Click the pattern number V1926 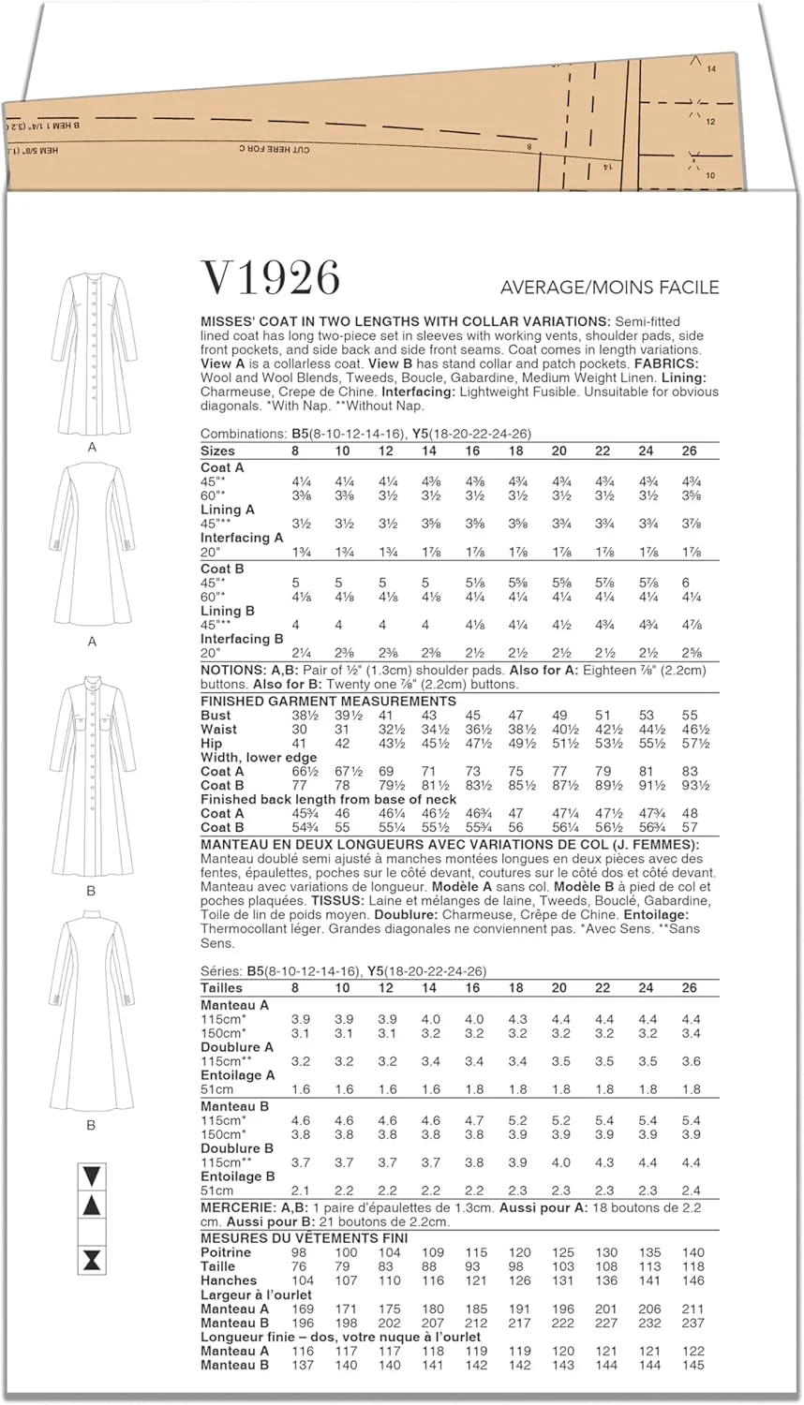(x=270, y=279)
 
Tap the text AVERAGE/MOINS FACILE (x=609, y=287)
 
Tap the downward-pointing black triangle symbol (x=92, y=1176)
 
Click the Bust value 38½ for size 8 (x=299, y=716)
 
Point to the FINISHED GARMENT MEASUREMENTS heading (x=328, y=701)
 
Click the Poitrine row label (x=226, y=1252)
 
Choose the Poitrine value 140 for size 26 (x=692, y=1252)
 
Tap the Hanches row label (x=229, y=1280)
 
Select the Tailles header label (x=221, y=988)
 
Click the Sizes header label (x=218, y=451)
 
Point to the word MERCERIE (x=236, y=1208)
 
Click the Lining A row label (x=228, y=510)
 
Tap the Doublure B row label (x=237, y=1148)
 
